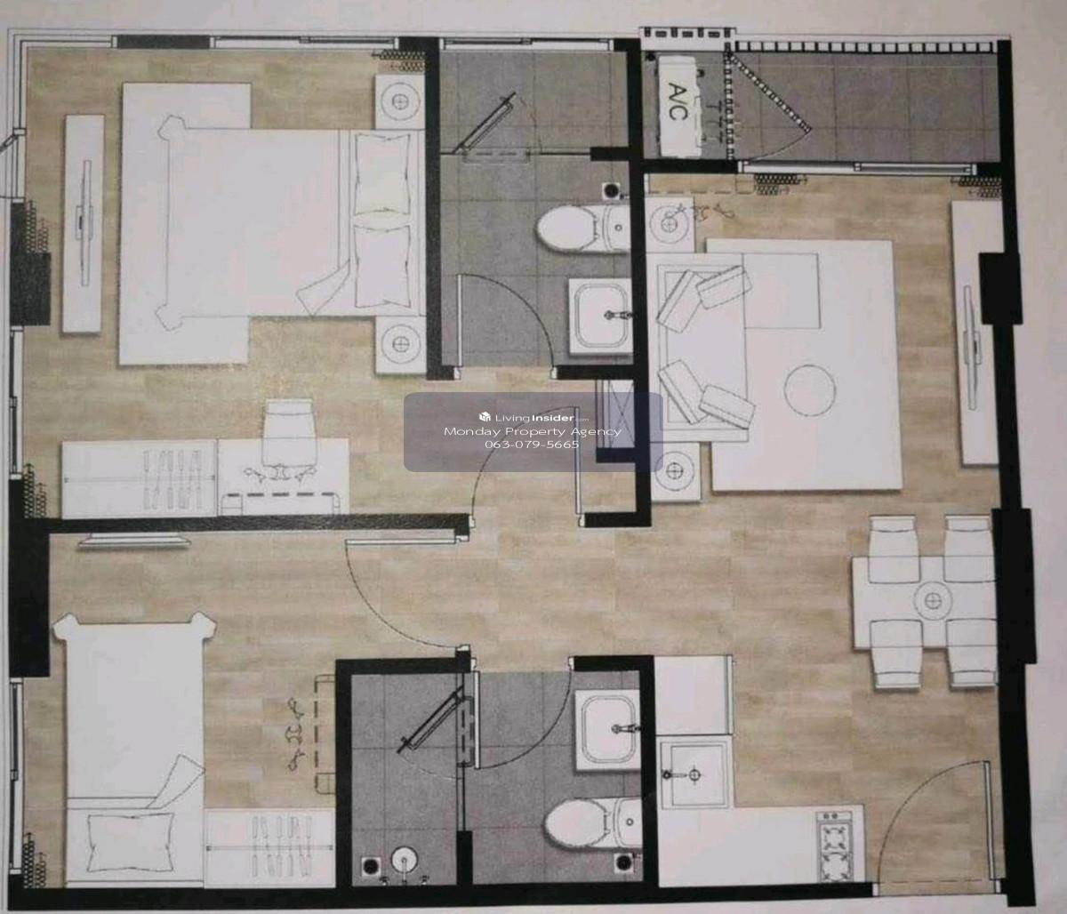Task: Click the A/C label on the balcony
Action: (x=678, y=103)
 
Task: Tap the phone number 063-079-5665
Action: (x=532, y=445)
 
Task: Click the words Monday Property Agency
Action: (x=533, y=431)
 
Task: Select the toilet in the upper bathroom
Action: (x=582, y=228)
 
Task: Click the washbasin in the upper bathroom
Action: (x=601, y=316)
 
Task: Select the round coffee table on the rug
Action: (x=809, y=390)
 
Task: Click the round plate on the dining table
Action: (x=932, y=600)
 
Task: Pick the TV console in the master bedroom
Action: (x=83, y=224)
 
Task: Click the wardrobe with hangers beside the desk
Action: (x=140, y=478)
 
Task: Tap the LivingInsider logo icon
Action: (x=485, y=417)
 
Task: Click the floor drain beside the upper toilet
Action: (x=611, y=190)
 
